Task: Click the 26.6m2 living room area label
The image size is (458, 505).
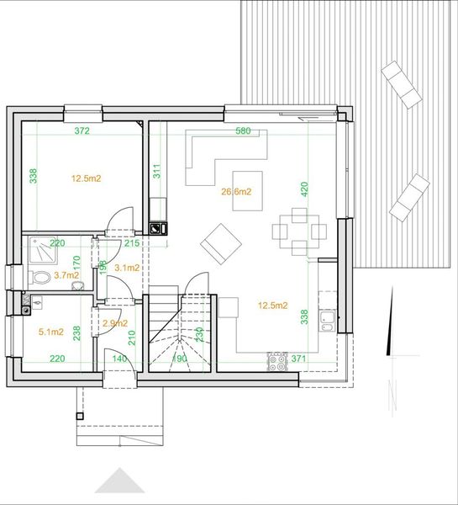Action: pos(236,192)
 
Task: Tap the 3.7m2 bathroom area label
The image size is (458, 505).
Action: pos(66,274)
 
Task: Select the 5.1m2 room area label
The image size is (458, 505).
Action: pos(52,332)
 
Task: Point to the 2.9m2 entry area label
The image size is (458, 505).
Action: pos(115,323)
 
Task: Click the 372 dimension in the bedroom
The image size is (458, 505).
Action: pos(82,131)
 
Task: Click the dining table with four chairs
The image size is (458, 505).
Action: pos(298,230)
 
